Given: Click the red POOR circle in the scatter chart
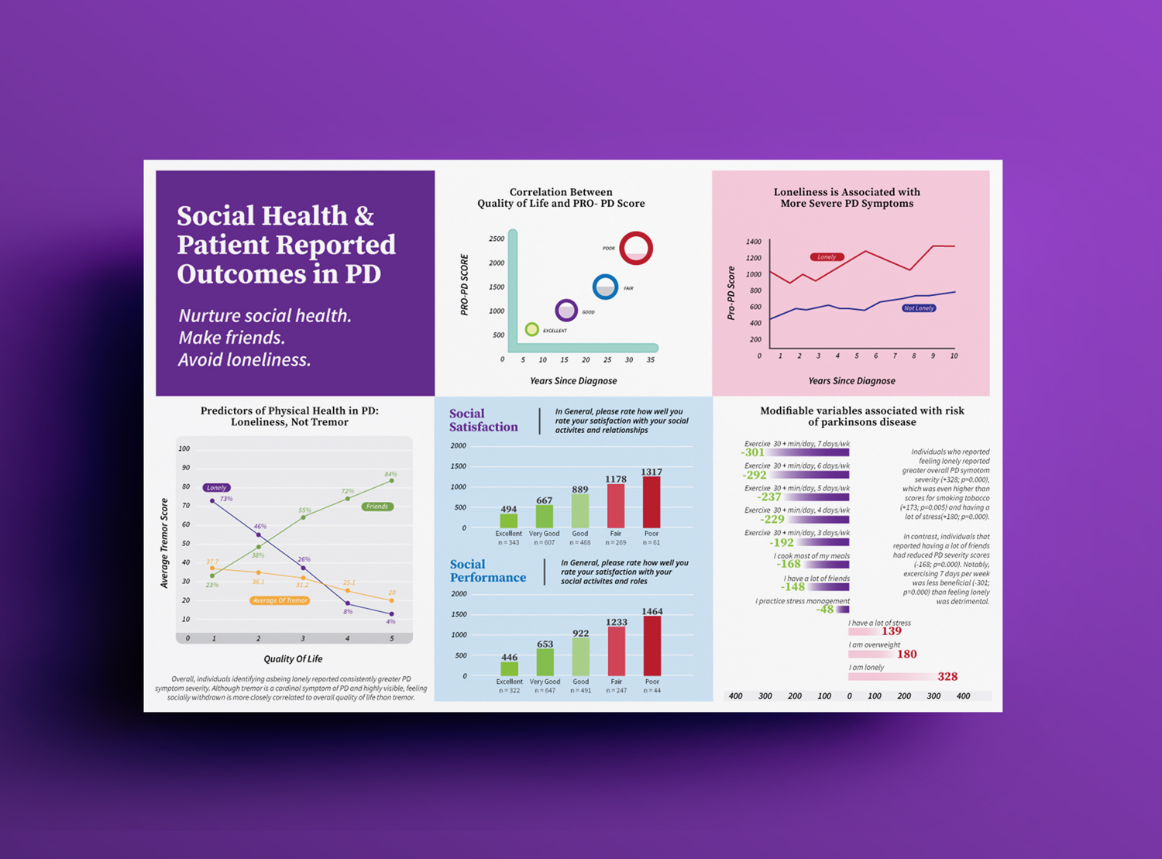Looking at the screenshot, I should tap(636, 248).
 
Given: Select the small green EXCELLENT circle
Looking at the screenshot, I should tap(531, 330).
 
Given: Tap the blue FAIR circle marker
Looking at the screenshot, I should tap(605, 287).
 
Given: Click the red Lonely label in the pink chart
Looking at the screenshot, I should tap(827, 257).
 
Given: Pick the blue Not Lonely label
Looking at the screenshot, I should tap(919, 308).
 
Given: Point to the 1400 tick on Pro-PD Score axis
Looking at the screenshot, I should tap(753, 242).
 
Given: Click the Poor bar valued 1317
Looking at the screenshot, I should tap(651, 502).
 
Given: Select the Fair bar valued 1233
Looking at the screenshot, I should tap(617, 651).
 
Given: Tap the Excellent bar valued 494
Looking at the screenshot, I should tap(509, 521).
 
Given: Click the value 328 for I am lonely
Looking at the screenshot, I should tap(947, 677).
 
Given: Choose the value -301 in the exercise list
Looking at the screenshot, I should tap(753, 452).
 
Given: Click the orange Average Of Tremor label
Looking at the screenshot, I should tap(280, 600).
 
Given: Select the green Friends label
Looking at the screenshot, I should tap(377, 507).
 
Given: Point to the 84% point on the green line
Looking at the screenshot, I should tap(392, 480).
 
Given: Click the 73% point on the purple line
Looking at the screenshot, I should tap(212, 501).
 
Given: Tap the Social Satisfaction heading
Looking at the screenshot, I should tap(483, 420).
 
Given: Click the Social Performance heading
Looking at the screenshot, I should tap(487, 571).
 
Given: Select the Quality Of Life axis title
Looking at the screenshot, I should tap(293, 659).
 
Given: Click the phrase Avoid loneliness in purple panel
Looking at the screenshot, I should tap(245, 360).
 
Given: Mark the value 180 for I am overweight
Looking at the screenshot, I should tap(906, 655).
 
